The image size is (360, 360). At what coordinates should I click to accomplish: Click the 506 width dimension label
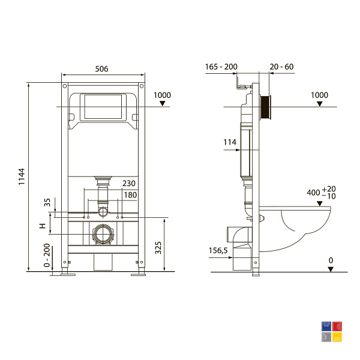(x=101, y=68)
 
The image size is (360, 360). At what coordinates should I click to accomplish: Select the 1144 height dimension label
(x=22, y=176)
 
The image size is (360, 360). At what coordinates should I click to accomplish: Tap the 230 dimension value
(x=129, y=183)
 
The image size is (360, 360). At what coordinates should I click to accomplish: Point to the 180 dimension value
(x=130, y=195)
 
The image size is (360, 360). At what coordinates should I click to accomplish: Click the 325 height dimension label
(x=158, y=247)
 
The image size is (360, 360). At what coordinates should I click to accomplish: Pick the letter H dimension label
(x=43, y=226)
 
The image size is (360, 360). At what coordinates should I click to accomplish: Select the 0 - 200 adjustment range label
(x=47, y=255)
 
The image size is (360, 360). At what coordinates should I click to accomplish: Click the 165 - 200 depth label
(x=221, y=67)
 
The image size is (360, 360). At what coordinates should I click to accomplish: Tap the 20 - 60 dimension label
(x=281, y=67)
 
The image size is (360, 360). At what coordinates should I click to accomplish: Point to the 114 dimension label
(x=230, y=142)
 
